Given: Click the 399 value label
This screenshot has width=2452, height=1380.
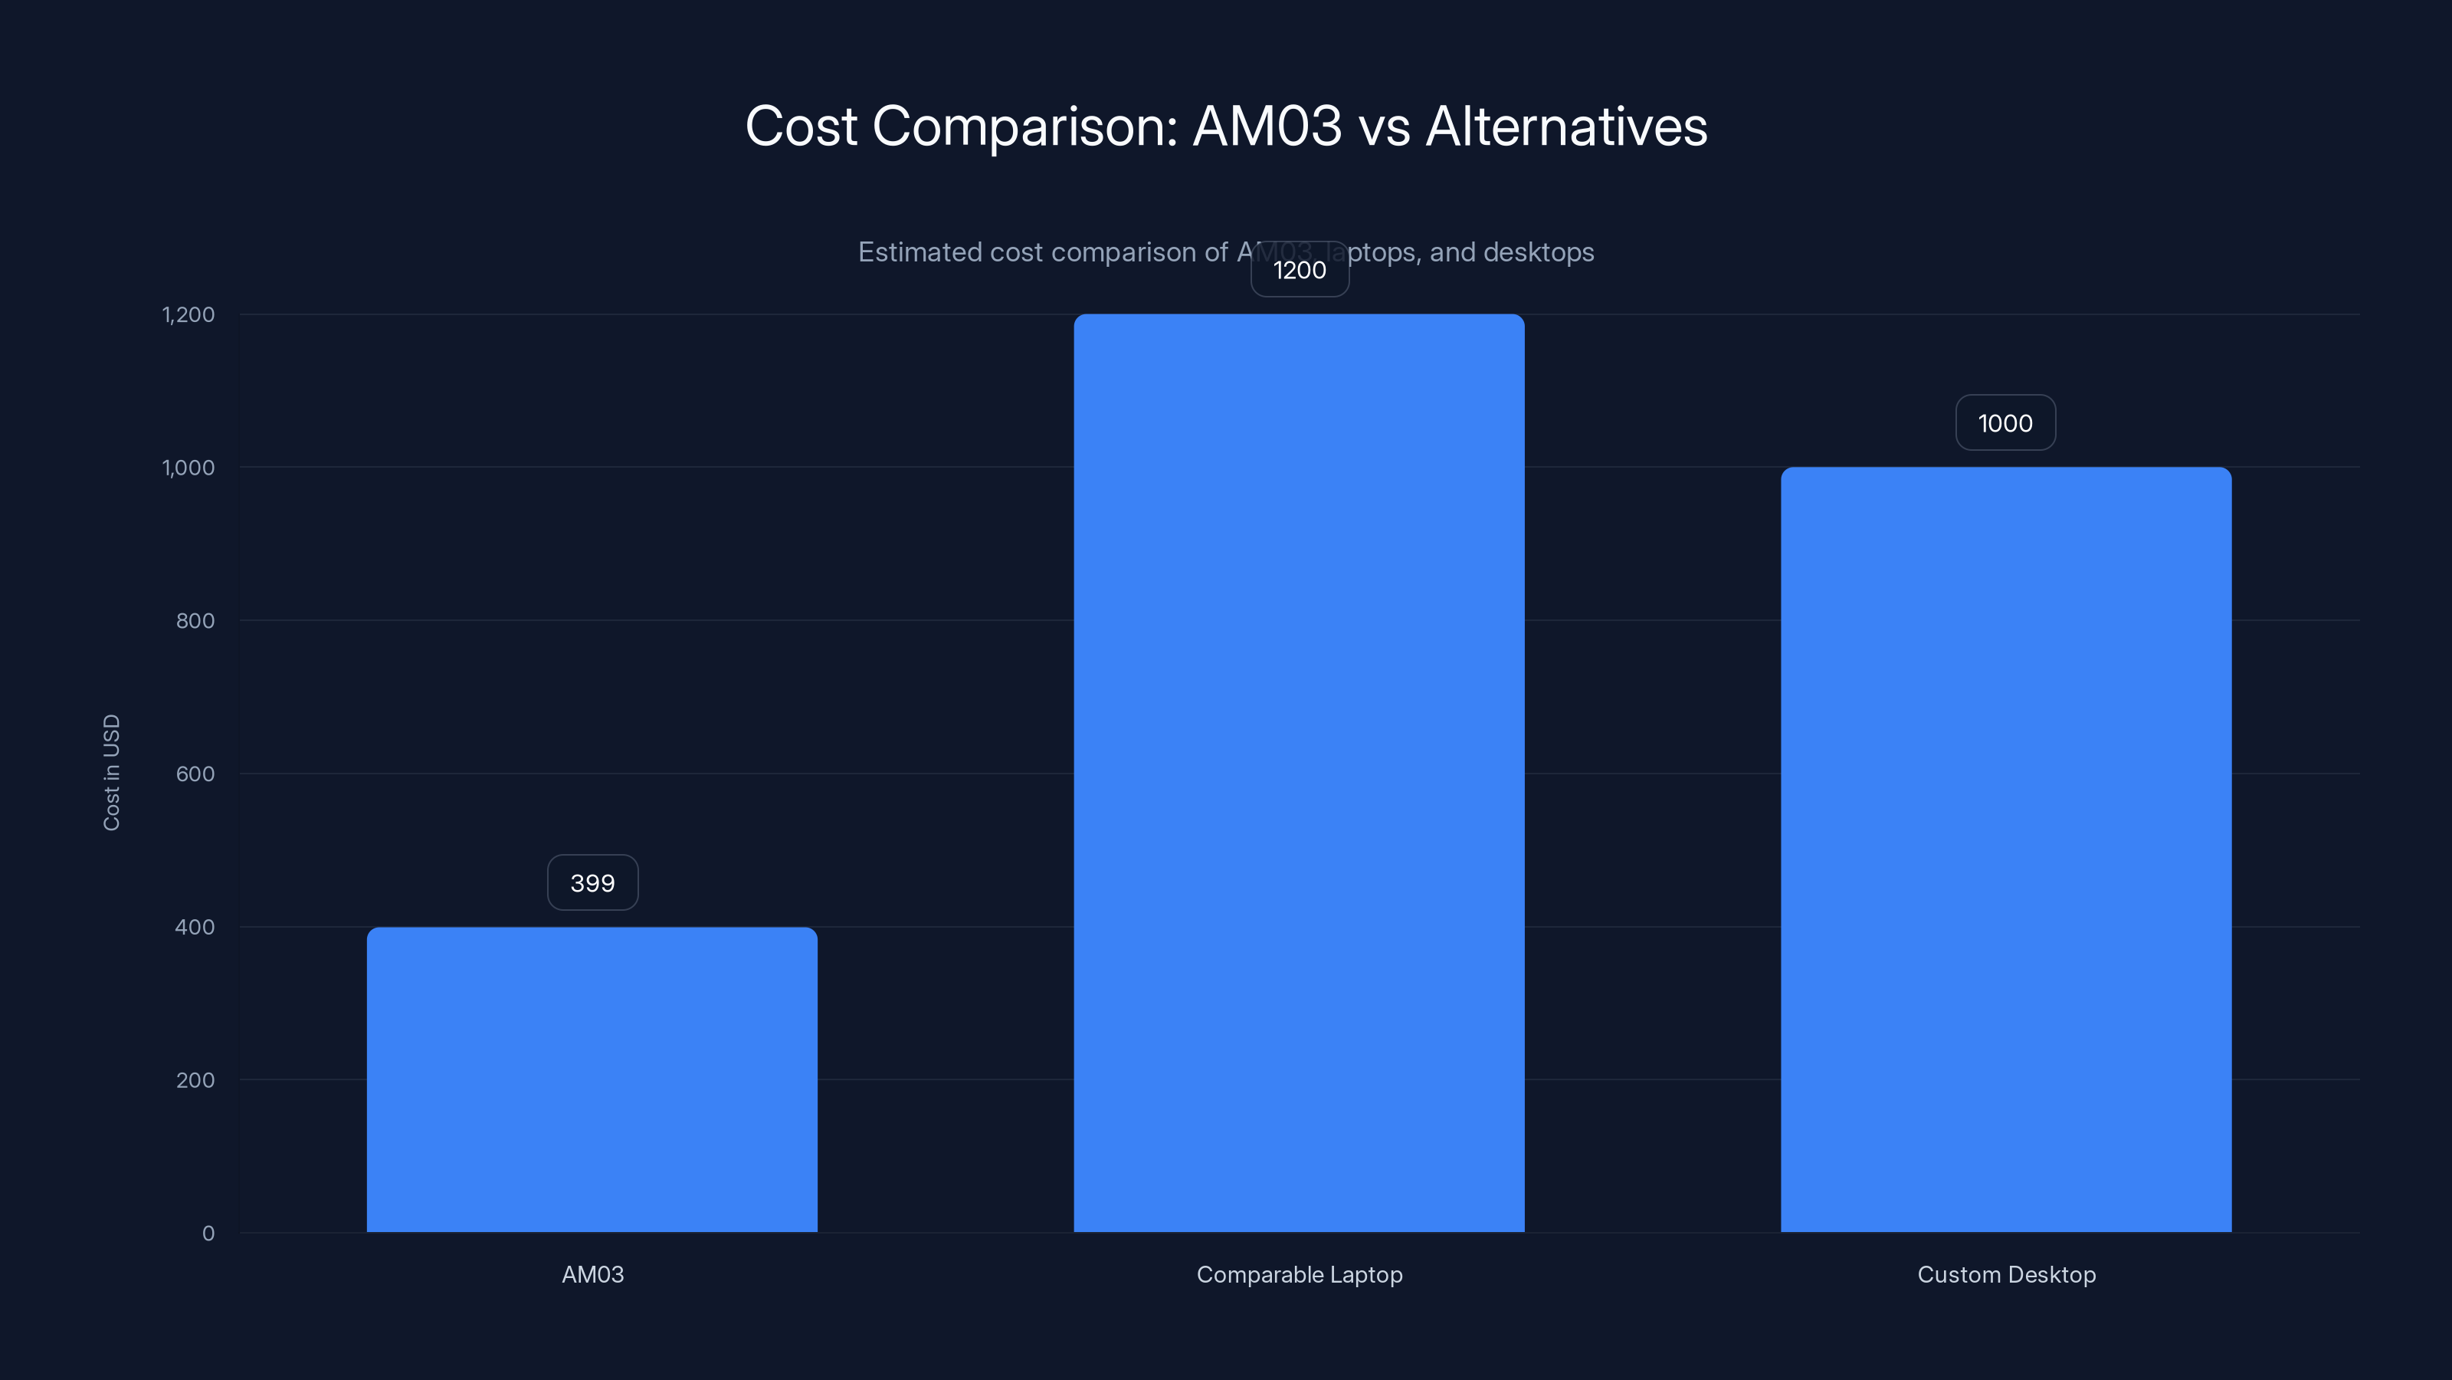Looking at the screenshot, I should point(592,883).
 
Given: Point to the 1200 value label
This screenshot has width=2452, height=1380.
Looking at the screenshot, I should point(1300,271).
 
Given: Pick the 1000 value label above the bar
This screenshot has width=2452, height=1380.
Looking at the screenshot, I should point(2005,424).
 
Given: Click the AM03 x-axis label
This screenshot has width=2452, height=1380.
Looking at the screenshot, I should point(592,1274).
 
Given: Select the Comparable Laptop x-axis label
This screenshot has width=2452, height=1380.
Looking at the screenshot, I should point(1300,1274).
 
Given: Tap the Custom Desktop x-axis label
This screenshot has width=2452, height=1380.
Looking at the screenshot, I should point(2005,1274).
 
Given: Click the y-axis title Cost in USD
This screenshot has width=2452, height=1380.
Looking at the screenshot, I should point(111,772).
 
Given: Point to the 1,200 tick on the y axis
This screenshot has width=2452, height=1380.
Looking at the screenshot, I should point(188,314).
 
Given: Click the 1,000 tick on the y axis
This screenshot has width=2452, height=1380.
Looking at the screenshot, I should point(188,468).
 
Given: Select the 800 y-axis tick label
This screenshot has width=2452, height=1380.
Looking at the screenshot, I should point(195,621).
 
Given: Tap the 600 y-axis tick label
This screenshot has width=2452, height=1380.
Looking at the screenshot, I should point(195,774).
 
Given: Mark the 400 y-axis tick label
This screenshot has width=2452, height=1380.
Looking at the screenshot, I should point(195,927).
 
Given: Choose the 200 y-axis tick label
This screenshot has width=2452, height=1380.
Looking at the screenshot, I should point(195,1080).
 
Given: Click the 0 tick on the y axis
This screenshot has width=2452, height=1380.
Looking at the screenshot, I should point(208,1234).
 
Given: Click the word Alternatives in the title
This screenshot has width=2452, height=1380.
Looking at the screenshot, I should point(1565,126).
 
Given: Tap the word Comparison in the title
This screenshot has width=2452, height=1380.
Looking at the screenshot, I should point(1025,127).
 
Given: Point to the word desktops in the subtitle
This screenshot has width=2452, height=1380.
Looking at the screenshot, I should point(1538,252).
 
